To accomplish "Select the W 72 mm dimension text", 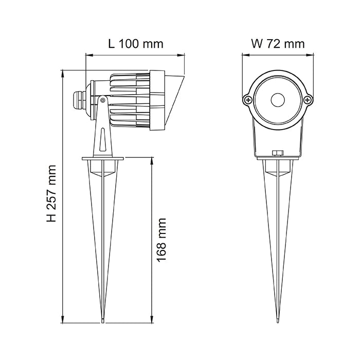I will click(278, 44).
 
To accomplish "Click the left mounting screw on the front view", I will click(248, 100).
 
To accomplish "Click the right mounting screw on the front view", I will click(307, 100).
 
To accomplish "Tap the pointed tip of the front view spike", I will click(278, 321).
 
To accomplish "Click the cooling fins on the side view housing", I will click(129, 100).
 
